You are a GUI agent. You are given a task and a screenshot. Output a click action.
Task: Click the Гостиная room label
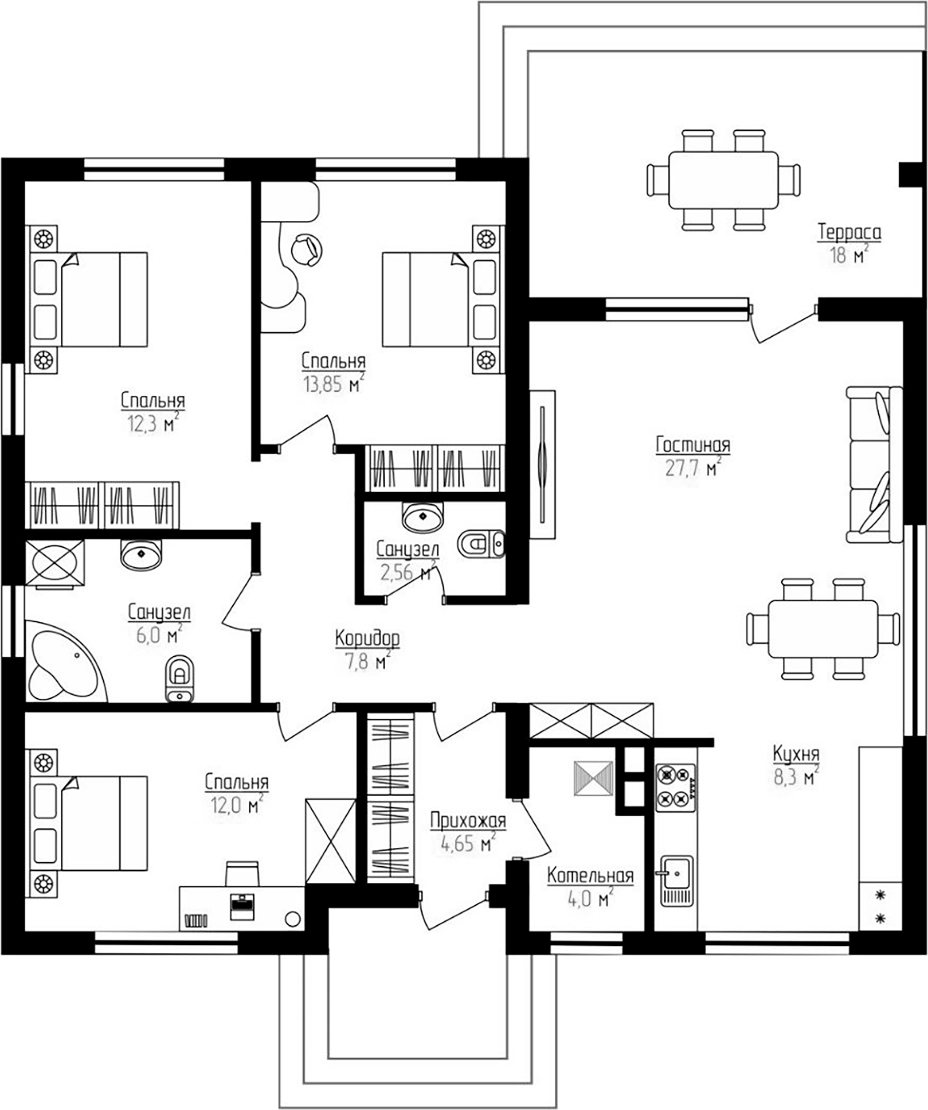coord(692,445)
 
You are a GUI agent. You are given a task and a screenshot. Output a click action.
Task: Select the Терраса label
coord(849,232)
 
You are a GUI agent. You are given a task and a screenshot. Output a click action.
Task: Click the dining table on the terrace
coord(723,180)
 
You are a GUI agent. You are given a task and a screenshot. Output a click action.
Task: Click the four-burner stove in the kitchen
coord(675,788)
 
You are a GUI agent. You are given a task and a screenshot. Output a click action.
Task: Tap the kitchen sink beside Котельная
coord(676,881)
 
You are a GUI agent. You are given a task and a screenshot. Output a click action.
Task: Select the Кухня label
coord(796,754)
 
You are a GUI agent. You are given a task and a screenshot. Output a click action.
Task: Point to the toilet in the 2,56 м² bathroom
coord(480,543)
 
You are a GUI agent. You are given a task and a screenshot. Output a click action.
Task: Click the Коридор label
coord(367,638)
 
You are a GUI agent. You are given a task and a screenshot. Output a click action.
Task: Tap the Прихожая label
coord(468,821)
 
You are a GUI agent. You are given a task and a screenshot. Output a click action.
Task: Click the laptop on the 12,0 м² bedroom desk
coord(241,906)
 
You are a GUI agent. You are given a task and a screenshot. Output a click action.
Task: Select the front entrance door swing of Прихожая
coord(453,913)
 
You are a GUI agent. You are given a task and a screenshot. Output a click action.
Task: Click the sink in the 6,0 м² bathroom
coord(141,555)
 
